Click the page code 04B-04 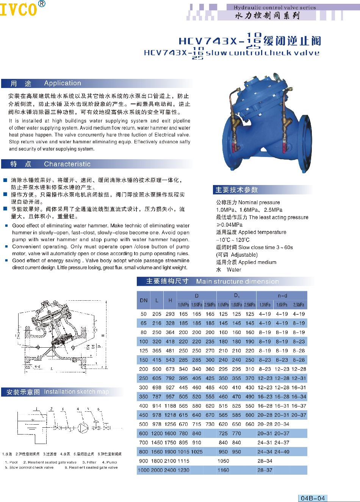coord(313,498)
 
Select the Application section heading coord(63,83)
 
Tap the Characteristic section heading coord(67,164)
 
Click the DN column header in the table coord(144,300)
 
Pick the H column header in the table coord(170,300)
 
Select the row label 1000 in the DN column coord(144,470)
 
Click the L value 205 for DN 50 coord(157,314)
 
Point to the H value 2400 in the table coord(170,470)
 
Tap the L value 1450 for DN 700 coord(157,442)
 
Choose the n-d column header coord(282,296)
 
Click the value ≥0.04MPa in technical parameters coord(229,225)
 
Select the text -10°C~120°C coord(233,240)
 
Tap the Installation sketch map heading coord(76,392)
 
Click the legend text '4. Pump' coord(110,462)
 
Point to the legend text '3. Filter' coord(89,462)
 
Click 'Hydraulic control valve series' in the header coord(274,7)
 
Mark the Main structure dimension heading coord(237,281)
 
